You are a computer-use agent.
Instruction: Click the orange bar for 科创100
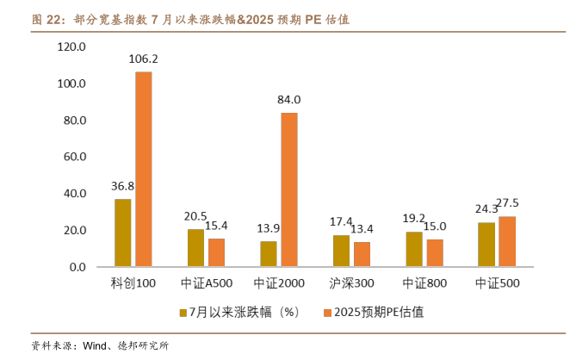pyautogui.click(x=143, y=169)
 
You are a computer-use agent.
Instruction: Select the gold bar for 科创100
pyautogui.click(x=123, y=233)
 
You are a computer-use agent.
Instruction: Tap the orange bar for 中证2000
pyautogui.click(x=288, y=189)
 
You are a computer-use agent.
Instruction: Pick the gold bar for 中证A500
pyautogui.click(x=196, y=248)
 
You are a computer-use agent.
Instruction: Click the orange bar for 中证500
pyautogui.click(x=507, y=241)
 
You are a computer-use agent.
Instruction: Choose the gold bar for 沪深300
pyautogui.click(x=342, y=251)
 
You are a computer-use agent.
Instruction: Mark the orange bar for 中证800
pyautogui.click(x=435, y=252)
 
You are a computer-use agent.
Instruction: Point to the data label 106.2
pyautogui.click(x=143, y=59)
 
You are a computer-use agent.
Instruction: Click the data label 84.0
pyautogui.click(x=288, y=100)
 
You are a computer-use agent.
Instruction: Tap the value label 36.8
pyautogui.click(x=122, y=186)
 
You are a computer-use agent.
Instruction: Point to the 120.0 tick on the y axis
pyautogui.click(x=72, y=47)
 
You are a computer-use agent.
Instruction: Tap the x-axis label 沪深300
pyautogui.click(x=351, y=282)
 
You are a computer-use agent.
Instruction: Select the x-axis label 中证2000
pyautogui.click(x=279, y=282)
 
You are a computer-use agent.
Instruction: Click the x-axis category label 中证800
pyautogui.click(x=424, y=282)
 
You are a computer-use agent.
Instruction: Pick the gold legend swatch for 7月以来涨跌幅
pyautogui.click(x=183, y=313)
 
